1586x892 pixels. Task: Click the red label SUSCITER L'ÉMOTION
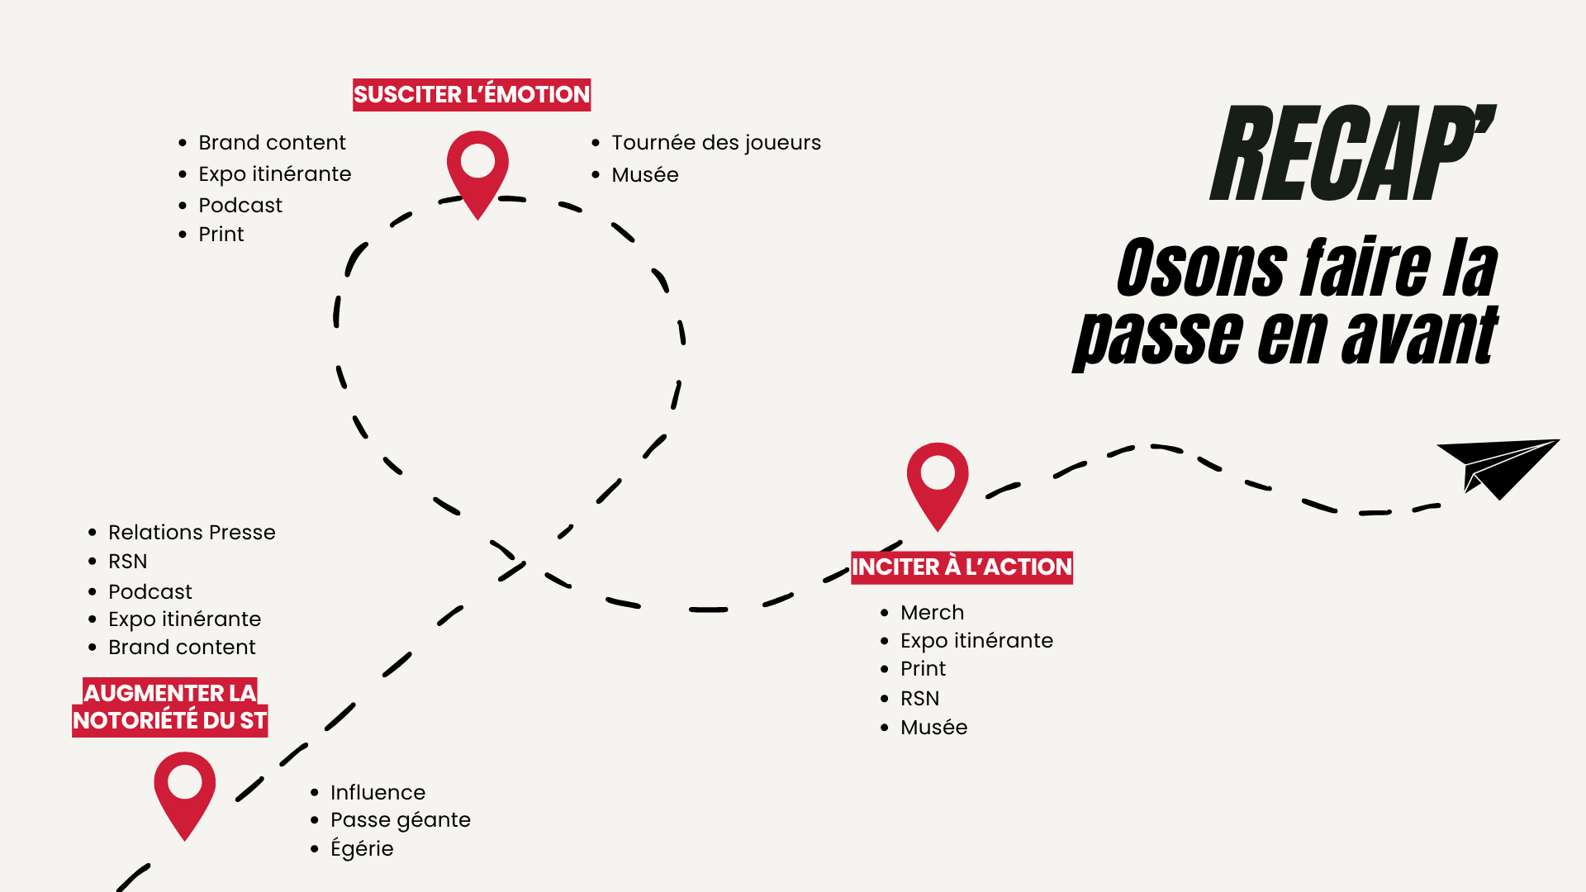point(472,95)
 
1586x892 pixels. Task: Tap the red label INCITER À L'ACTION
point(962,567)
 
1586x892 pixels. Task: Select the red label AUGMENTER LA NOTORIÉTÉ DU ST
point(170,707)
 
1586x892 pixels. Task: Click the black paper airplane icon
point(1497,467)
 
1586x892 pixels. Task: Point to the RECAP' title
point(1352,154)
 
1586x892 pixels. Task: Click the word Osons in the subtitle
point(1201,268)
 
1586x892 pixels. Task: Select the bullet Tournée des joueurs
point(715,143)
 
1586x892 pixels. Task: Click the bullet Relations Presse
point(192,533)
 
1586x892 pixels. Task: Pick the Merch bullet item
point(932,613)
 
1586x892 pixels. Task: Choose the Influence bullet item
point(378,793)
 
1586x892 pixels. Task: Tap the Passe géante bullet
point(400,820)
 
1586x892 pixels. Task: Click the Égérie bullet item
point(362,849)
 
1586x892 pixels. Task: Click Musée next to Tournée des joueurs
point(644,175)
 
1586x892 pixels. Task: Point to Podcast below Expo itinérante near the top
point(240,206)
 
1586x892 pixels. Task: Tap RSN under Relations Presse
point(128,562)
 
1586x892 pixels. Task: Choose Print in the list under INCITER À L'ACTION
point(923,669)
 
